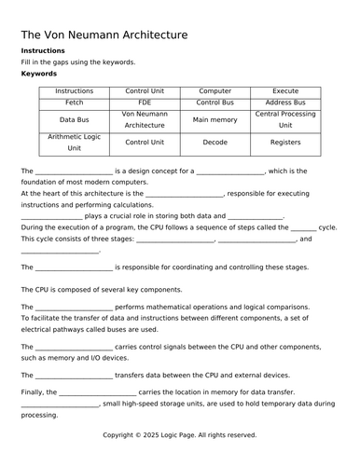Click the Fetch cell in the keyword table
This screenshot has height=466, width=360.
74,103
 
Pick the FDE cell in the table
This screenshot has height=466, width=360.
144,103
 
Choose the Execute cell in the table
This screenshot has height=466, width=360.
285,91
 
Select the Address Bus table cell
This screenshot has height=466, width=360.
285,103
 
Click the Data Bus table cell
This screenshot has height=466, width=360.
74,119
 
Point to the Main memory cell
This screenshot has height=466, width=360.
215,119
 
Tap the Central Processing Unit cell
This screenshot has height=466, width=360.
285,119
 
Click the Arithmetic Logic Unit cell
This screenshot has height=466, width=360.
74,143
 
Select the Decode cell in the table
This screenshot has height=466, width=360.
215,143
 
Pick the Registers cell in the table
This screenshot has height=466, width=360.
285,143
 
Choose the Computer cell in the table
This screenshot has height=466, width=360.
215,91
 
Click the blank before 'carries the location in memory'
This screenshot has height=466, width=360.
98,393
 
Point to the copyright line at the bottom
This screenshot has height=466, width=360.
179,434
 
